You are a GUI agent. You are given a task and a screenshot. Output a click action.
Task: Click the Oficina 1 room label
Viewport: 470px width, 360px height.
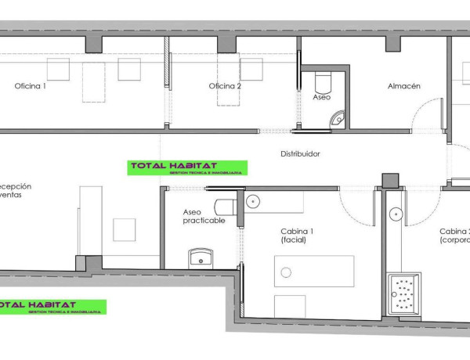31,86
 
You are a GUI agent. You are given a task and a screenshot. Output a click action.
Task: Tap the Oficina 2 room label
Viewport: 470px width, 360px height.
225,86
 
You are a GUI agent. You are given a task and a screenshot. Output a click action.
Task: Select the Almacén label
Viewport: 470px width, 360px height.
404,86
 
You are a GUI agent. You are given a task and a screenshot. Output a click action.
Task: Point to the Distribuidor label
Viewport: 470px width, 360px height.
300,154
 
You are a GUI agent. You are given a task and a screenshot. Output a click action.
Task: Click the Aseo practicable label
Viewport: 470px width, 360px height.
204,216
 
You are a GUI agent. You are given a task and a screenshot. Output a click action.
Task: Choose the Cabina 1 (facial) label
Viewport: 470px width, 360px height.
298,236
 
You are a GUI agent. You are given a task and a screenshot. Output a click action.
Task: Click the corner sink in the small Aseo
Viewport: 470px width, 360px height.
338,119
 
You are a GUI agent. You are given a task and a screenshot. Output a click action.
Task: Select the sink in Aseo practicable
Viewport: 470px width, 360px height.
201,257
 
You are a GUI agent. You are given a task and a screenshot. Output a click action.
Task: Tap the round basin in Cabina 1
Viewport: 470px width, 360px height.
252,201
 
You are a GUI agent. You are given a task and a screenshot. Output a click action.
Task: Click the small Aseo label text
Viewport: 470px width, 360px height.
321,99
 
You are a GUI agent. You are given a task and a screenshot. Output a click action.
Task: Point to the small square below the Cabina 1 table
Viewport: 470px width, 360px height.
286,305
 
